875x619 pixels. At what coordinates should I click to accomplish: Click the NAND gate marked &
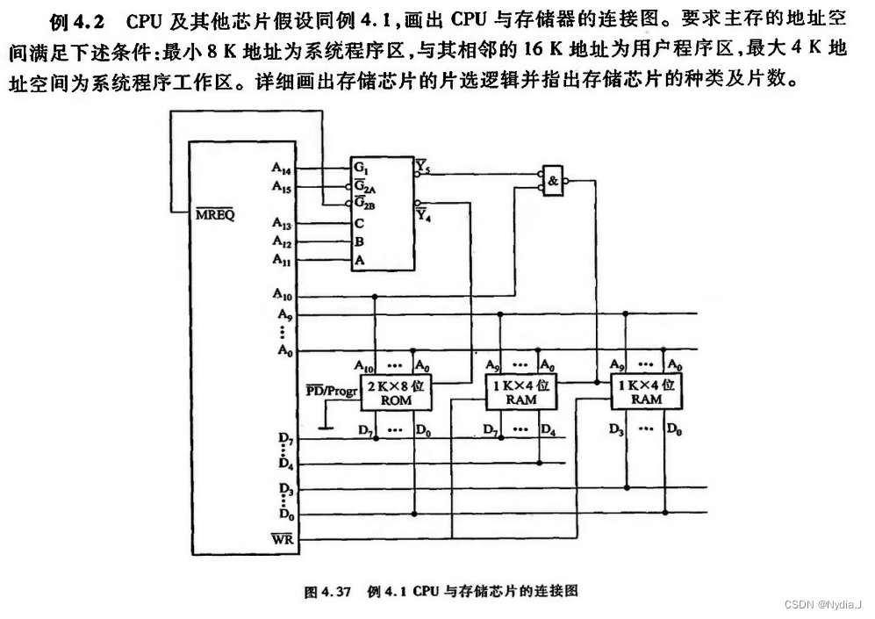[553, 180]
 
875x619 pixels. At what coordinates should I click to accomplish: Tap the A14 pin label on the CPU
[283, 167]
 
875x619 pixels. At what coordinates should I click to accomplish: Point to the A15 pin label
[283, 185]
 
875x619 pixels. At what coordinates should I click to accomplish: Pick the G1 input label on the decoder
[361, 167]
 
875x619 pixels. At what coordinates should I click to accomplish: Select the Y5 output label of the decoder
[423, 164]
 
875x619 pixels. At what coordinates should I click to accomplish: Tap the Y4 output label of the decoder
[424, 214]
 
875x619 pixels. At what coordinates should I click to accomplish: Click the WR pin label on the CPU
[283, 538]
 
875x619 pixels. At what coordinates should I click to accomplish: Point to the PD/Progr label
[332, 391]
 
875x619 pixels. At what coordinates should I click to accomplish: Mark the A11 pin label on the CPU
[283, 260]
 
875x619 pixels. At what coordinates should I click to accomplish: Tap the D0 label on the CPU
[283, 513]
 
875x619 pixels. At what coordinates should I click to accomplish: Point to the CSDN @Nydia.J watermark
[822, 605]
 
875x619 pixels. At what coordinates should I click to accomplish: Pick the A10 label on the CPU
[283, 294]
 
